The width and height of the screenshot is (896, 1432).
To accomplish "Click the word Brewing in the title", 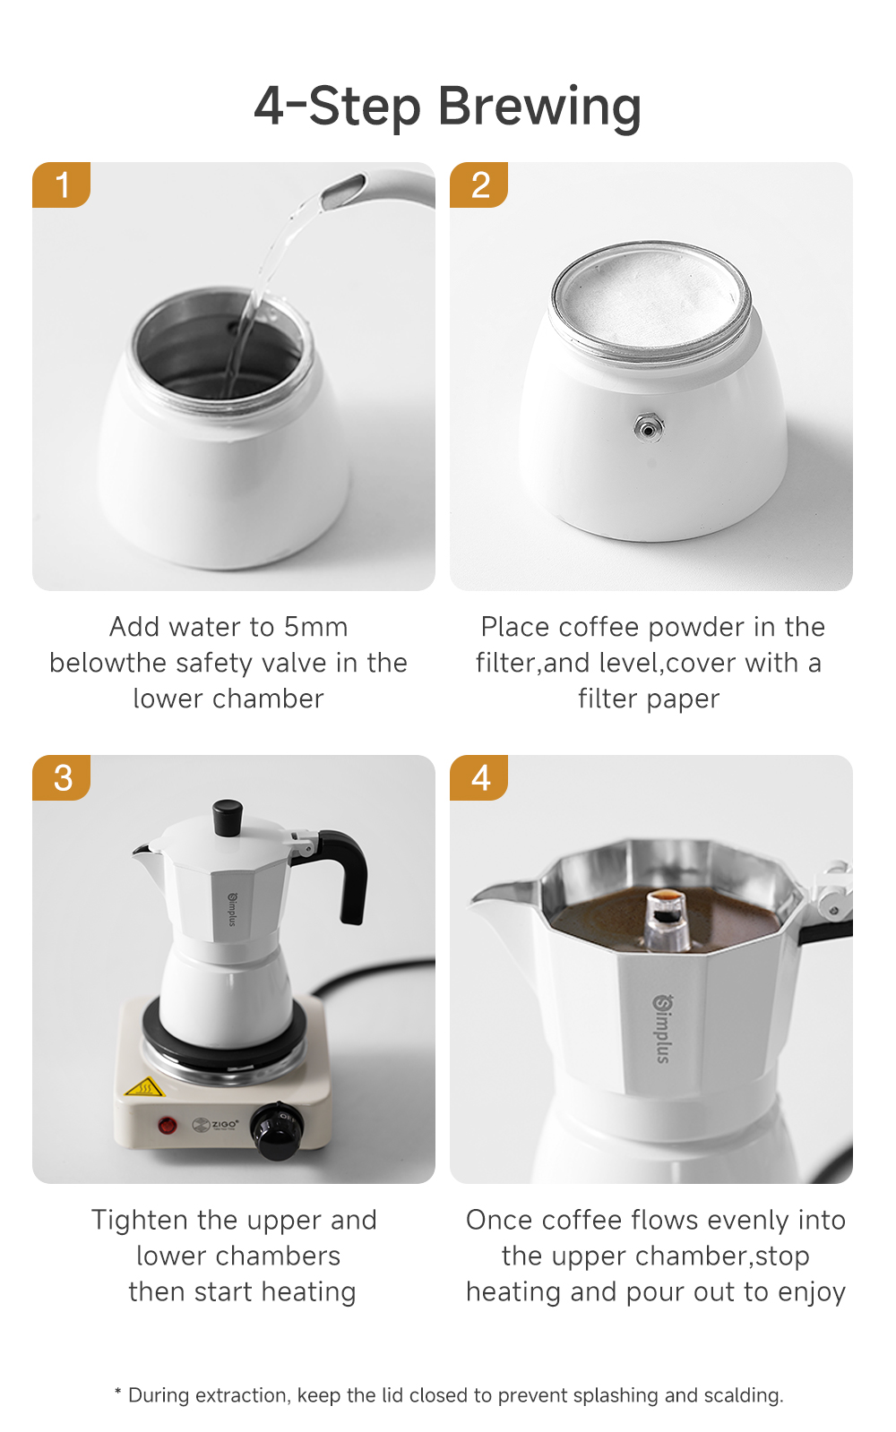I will point(539,107).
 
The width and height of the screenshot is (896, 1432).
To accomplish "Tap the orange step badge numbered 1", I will point(62,184).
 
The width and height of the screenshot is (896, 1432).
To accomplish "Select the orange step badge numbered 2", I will point(479,184).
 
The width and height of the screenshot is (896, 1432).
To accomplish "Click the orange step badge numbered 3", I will point(62,777).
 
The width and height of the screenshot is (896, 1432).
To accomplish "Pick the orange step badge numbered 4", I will point(479,777).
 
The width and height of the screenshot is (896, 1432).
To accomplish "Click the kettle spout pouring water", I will point(345,190).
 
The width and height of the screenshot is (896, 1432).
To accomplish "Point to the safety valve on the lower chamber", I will point(648,428).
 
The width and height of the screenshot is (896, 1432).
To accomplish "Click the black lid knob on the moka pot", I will point(228,816).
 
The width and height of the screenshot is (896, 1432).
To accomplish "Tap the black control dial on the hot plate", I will point(277,1131).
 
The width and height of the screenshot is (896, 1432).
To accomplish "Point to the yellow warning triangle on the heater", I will point(143,1088).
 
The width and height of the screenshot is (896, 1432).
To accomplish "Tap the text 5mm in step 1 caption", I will point(315,627).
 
